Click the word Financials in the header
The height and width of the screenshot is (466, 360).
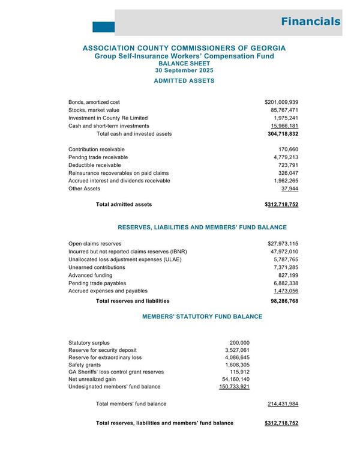(310, 22)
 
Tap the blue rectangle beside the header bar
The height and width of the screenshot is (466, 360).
(103, 26)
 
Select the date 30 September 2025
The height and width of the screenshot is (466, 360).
(184, 70)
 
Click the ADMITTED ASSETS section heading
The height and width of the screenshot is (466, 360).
(184, 80)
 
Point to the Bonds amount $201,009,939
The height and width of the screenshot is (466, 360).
(281, 102)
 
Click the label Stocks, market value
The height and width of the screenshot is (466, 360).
(95, 110)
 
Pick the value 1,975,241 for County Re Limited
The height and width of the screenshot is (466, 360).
(285, 118)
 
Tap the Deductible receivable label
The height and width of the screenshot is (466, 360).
(95, 165)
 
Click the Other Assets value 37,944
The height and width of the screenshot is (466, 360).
(290, 189)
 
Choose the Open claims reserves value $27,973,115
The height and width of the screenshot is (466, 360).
(283, 243)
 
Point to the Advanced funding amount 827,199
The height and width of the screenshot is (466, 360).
(287, 274)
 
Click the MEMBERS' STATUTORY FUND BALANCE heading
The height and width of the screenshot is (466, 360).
(202, 316)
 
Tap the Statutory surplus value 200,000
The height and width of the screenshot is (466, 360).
(238, 342)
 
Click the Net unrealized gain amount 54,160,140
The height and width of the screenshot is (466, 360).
(236, 380)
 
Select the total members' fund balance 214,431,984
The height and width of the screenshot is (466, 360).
(283, 404)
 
